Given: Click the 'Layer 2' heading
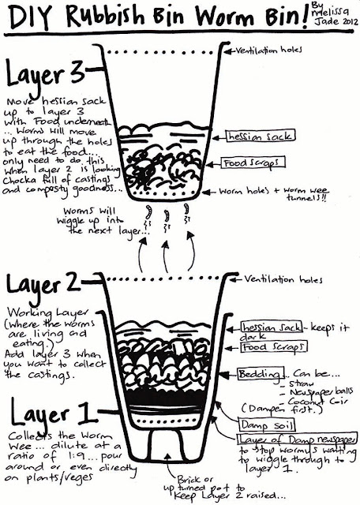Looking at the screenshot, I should (x=45, y=284).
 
